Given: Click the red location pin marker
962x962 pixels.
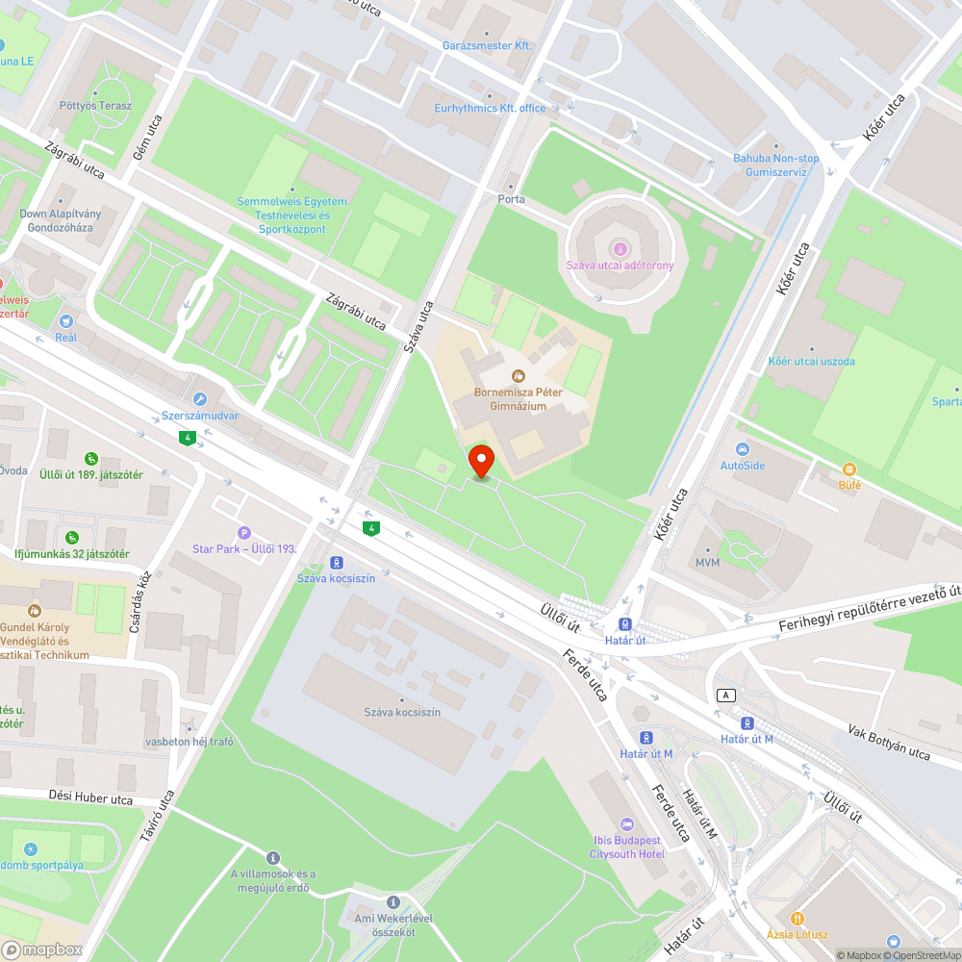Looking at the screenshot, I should [x=480, y=460].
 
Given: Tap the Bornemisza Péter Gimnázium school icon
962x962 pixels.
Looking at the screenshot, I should [x=519, y=375].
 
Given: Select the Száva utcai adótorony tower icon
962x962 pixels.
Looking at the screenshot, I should [x=620, y=248].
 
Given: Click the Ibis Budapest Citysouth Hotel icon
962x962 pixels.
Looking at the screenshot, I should [x=627, y=823].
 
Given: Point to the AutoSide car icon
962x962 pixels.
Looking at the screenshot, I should [x=742, y=449].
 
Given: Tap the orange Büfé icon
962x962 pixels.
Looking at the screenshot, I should [x=848, y=468].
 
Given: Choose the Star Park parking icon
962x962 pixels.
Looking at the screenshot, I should [x=243, y=533].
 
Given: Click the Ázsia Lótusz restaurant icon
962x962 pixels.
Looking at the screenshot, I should [x=797, y=918].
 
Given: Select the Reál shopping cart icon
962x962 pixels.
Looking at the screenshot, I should [x=65, y=321].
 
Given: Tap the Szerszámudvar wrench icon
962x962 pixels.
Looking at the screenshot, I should [x=199, y=399].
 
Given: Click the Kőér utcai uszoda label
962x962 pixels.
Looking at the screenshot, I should [x=811, y=362].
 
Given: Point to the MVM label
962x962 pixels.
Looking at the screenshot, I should [x=707, y=562].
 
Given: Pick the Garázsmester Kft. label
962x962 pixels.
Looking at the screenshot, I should [x=487, y=45].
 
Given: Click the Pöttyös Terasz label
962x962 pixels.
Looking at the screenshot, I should [x=95, y=106].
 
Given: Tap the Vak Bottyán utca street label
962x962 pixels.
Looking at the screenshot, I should [x=890, y=742].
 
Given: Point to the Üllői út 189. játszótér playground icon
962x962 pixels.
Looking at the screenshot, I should [x=90, y=459].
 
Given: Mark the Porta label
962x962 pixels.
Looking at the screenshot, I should [x=511, y=199].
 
